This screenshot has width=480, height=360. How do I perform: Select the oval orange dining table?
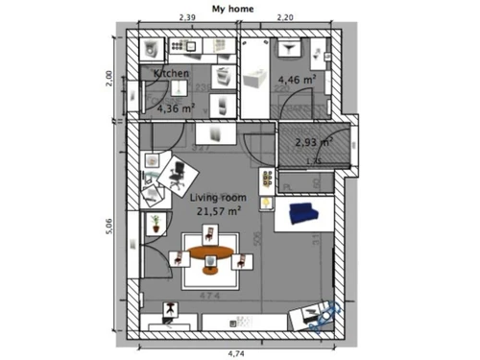(210, 254)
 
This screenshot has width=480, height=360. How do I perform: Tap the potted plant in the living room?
(154, 224)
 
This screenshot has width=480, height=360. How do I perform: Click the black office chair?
(177, 174)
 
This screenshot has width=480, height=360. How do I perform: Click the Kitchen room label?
(172, 73)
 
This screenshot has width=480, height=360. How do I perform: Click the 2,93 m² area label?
(313, 142)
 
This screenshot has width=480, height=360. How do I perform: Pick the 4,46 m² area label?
(296, 81)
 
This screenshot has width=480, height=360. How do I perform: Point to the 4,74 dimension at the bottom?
(233, 353)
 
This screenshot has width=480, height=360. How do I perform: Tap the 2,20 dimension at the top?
(286, 17)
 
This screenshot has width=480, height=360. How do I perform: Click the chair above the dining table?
(209, 234)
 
